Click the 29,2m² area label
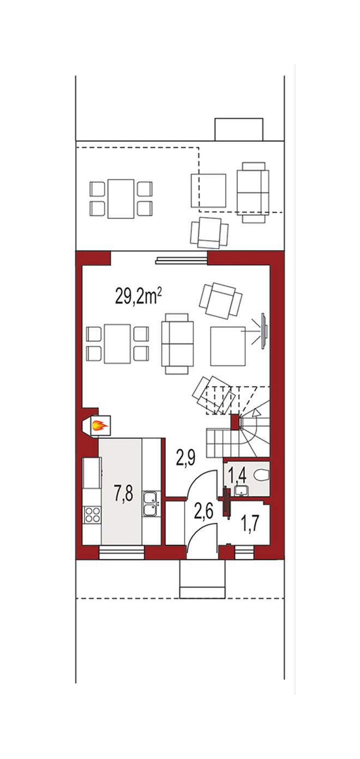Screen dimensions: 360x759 (x=139, y=297)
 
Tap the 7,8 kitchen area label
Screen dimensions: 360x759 (x=123, y=492)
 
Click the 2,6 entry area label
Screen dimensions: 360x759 (x=204, y=511)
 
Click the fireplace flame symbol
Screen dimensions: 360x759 (x=100, y=425)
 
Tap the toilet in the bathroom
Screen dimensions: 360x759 (x=262, y=475)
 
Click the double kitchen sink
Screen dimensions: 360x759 (x=151, y=503)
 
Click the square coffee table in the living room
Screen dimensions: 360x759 (x=228, y=346)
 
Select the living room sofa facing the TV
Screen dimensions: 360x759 (x=177, y=344)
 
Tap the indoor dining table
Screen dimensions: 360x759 (x=117, y=344)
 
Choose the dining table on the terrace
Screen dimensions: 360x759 (x=121, y=198)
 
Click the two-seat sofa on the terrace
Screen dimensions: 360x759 (x=253, y=192)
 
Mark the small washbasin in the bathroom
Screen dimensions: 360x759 (x=241, y=490)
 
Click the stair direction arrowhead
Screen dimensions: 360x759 (x=257, y=412)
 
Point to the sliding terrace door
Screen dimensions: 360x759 (x=181, y=260)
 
